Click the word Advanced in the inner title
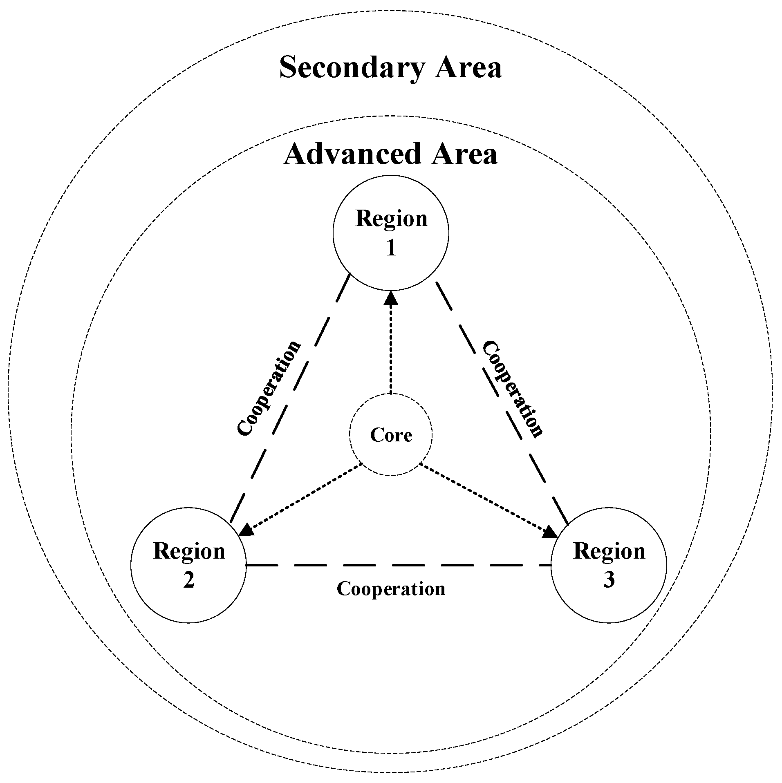352,154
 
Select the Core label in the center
391,435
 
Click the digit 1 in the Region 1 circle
391,248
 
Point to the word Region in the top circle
391,218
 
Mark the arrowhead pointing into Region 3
550,532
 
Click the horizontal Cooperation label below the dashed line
391,589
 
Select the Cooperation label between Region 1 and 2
269,388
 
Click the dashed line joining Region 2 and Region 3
399,565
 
